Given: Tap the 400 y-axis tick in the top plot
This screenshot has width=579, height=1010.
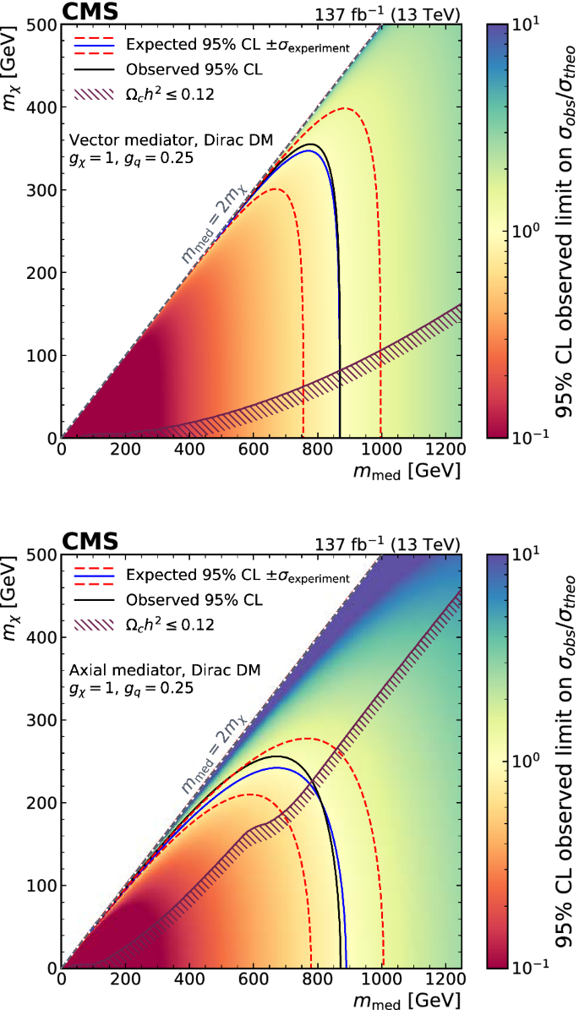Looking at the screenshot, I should (40, 107).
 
